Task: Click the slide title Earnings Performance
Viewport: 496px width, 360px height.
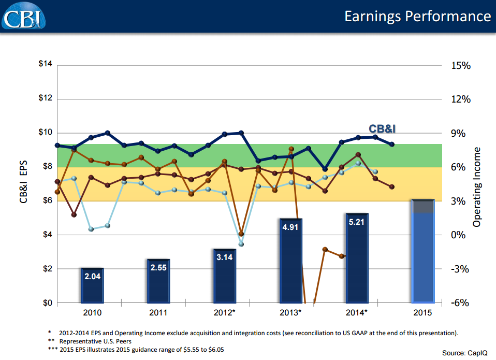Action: click(x=417, y=16)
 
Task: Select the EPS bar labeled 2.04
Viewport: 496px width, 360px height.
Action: click(x=92, y=285)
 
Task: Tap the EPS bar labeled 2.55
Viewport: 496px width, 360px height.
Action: click(x=158, y=281)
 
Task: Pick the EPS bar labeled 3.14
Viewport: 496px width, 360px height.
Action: click(x=225, y=276)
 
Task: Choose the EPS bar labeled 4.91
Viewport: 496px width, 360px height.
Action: click(x=291, y=261)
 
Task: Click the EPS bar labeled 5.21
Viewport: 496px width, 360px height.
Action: click(x=357, y=258)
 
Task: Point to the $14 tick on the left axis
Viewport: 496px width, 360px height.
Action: click(x=46, y=65)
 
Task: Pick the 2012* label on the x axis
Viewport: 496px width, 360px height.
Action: click(x=225, y=313)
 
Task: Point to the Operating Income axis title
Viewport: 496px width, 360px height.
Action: click(x=477, y=186)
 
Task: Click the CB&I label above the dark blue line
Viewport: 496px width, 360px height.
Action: click(x=385, y=128)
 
